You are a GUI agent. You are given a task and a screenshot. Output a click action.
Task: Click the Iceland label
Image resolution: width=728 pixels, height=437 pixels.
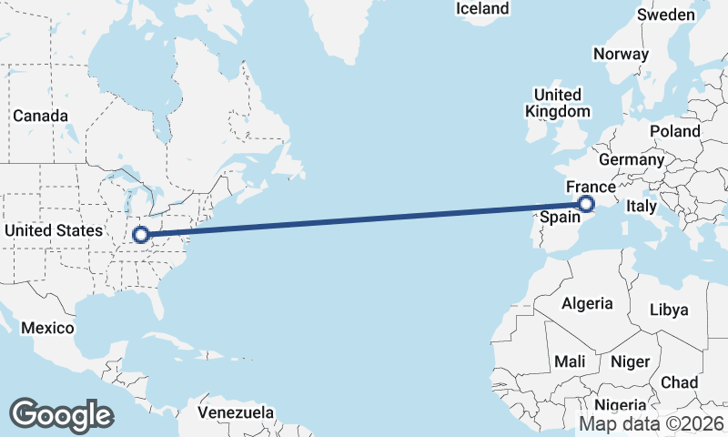pos(482,9)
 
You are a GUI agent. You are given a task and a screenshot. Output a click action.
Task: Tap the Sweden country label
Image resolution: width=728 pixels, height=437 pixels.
pos(665,15)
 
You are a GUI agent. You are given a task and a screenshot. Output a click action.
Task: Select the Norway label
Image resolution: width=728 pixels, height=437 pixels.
pos(621,54)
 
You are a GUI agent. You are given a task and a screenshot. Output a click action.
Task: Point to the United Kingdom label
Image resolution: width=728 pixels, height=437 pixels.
pos(557,103)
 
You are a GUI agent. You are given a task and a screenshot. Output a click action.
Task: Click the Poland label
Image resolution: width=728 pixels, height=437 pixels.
pos(674,131)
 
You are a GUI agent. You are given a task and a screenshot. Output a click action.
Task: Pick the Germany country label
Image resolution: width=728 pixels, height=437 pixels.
pos(632,159)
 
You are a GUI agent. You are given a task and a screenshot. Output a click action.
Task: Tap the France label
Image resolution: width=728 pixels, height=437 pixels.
pos(591,187)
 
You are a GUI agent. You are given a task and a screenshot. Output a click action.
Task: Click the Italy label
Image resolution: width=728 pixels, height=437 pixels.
pos(641,207)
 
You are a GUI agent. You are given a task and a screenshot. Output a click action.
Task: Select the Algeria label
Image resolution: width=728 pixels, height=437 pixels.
pos(587,303)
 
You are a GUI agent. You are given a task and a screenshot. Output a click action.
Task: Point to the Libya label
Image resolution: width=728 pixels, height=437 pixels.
pos(669,310)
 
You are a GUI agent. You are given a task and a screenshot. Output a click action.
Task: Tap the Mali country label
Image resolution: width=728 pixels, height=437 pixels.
pos(570,361)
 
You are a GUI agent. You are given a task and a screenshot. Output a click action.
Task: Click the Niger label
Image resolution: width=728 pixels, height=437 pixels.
pos(630,361)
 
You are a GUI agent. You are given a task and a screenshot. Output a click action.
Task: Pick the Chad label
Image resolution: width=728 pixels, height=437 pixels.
pos(680,381)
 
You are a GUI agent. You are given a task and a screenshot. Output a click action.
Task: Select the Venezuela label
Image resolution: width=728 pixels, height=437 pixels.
pos(236,412)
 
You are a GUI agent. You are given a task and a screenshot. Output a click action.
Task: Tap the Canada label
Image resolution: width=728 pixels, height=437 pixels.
pos(40,117)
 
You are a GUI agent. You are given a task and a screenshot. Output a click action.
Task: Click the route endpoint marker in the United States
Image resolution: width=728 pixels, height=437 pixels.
pos(140,235)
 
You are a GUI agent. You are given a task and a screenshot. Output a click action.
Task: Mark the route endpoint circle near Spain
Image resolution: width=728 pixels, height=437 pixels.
pos(586,204)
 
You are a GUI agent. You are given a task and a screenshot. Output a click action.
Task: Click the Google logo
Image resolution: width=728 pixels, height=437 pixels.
pos(62,414)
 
